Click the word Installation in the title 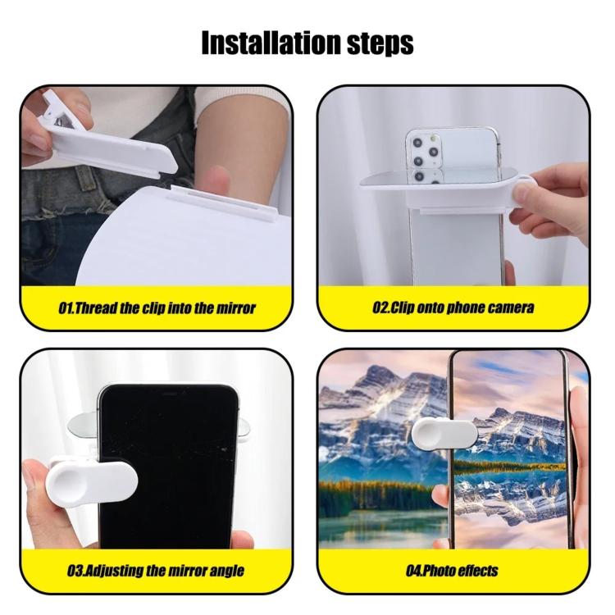(x=271, y=43)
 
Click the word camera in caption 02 (x=511, y=307)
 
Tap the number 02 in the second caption (x=379, y=307)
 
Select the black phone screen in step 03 (x=168, y=467)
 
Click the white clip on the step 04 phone (x=444, y=433)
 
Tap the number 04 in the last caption (x=413, y=571)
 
